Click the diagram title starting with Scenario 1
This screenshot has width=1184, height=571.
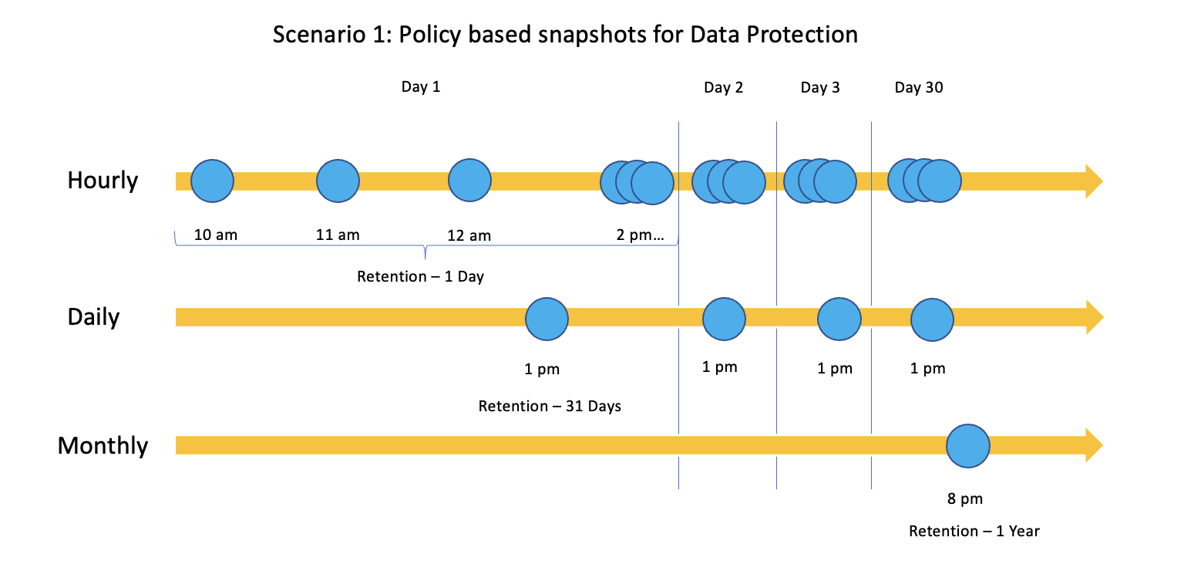(565, 35)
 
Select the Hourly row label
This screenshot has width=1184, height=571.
(103, 181)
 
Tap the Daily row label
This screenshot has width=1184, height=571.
(93, 317)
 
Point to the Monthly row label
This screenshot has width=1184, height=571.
(103, 446)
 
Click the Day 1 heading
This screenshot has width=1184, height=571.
(421, 86)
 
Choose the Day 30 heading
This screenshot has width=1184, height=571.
(919, 87)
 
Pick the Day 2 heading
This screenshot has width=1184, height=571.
(723, 87)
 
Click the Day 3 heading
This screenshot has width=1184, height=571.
(820, 87)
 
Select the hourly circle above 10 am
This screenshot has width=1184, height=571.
(212, 181)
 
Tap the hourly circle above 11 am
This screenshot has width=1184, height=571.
(338, 181)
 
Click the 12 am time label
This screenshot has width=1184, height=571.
(469, 235)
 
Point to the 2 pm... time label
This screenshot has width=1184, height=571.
(640, 235)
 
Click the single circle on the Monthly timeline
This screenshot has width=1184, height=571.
(968, 446)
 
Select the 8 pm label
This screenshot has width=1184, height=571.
(965, 499)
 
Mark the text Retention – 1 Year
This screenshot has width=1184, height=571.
(974, 531)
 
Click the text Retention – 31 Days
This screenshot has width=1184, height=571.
(550, 406)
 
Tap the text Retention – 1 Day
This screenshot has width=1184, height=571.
(420, 276)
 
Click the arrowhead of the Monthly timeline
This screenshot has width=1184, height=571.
(1094, 446)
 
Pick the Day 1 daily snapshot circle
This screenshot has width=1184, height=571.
(547, 318)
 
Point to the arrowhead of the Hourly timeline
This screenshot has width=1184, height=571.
(1094, 181)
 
